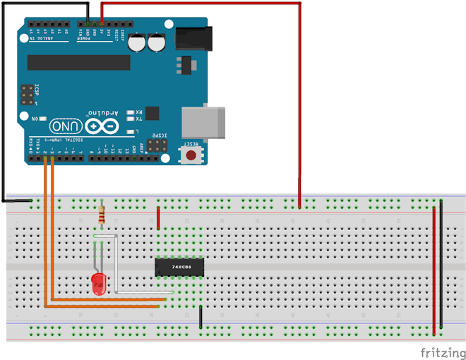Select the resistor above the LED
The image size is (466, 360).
104,215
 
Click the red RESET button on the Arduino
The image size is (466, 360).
191,154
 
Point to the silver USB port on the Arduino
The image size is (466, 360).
203,121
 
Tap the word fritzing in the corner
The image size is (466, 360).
443,351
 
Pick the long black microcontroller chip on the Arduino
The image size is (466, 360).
78,63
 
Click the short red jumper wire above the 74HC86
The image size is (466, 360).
158,218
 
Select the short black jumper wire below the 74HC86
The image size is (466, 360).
201,317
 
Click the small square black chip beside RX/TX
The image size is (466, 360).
150,112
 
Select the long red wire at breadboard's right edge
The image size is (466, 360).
434,268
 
